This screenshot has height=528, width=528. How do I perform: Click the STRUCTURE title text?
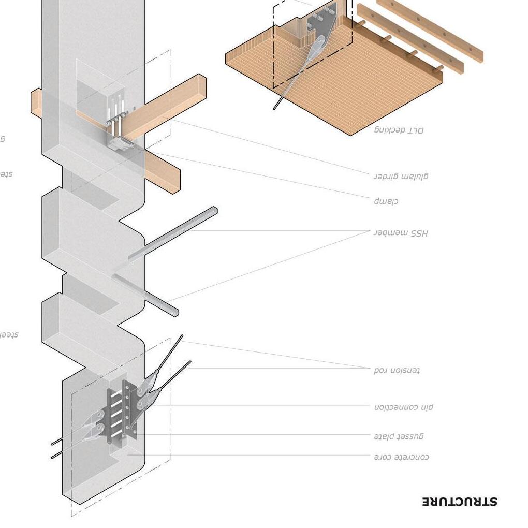[x=460, y=502]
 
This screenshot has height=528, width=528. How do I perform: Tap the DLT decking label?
[x=399, y=130]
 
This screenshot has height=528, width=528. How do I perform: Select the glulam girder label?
[x=401, y=176]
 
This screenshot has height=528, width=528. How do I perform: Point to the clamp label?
[x=386, y=201]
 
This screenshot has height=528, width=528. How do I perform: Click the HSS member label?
[x=401, y=233]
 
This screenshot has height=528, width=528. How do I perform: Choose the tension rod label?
[x=397, y=370]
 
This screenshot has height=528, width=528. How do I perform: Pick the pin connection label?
[x=404, y=407]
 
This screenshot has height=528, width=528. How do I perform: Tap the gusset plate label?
[x=399, y=436]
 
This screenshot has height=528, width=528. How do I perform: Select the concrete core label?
[x=401, y=457]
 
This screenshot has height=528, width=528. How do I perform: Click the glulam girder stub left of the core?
[x=36, y=102]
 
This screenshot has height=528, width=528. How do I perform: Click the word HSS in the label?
[x=419, y=233]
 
